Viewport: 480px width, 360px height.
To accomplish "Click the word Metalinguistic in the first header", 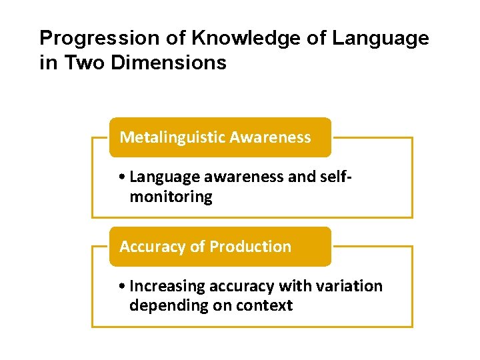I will click(x=172, y=137).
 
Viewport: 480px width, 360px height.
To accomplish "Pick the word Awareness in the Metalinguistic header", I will click(x=270, y=137).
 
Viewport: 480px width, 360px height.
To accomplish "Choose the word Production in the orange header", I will click(x=250, y=247).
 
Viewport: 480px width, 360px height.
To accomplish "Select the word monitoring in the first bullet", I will click(x=171, y=197).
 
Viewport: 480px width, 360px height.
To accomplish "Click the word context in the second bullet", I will click(x=267, y=306).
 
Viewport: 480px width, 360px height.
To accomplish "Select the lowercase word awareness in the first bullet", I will click(x=233, y=177).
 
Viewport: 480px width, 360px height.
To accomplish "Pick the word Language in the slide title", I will click(x=380, y=39).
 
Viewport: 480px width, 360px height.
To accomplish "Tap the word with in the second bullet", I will click(x=297, y=286).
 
